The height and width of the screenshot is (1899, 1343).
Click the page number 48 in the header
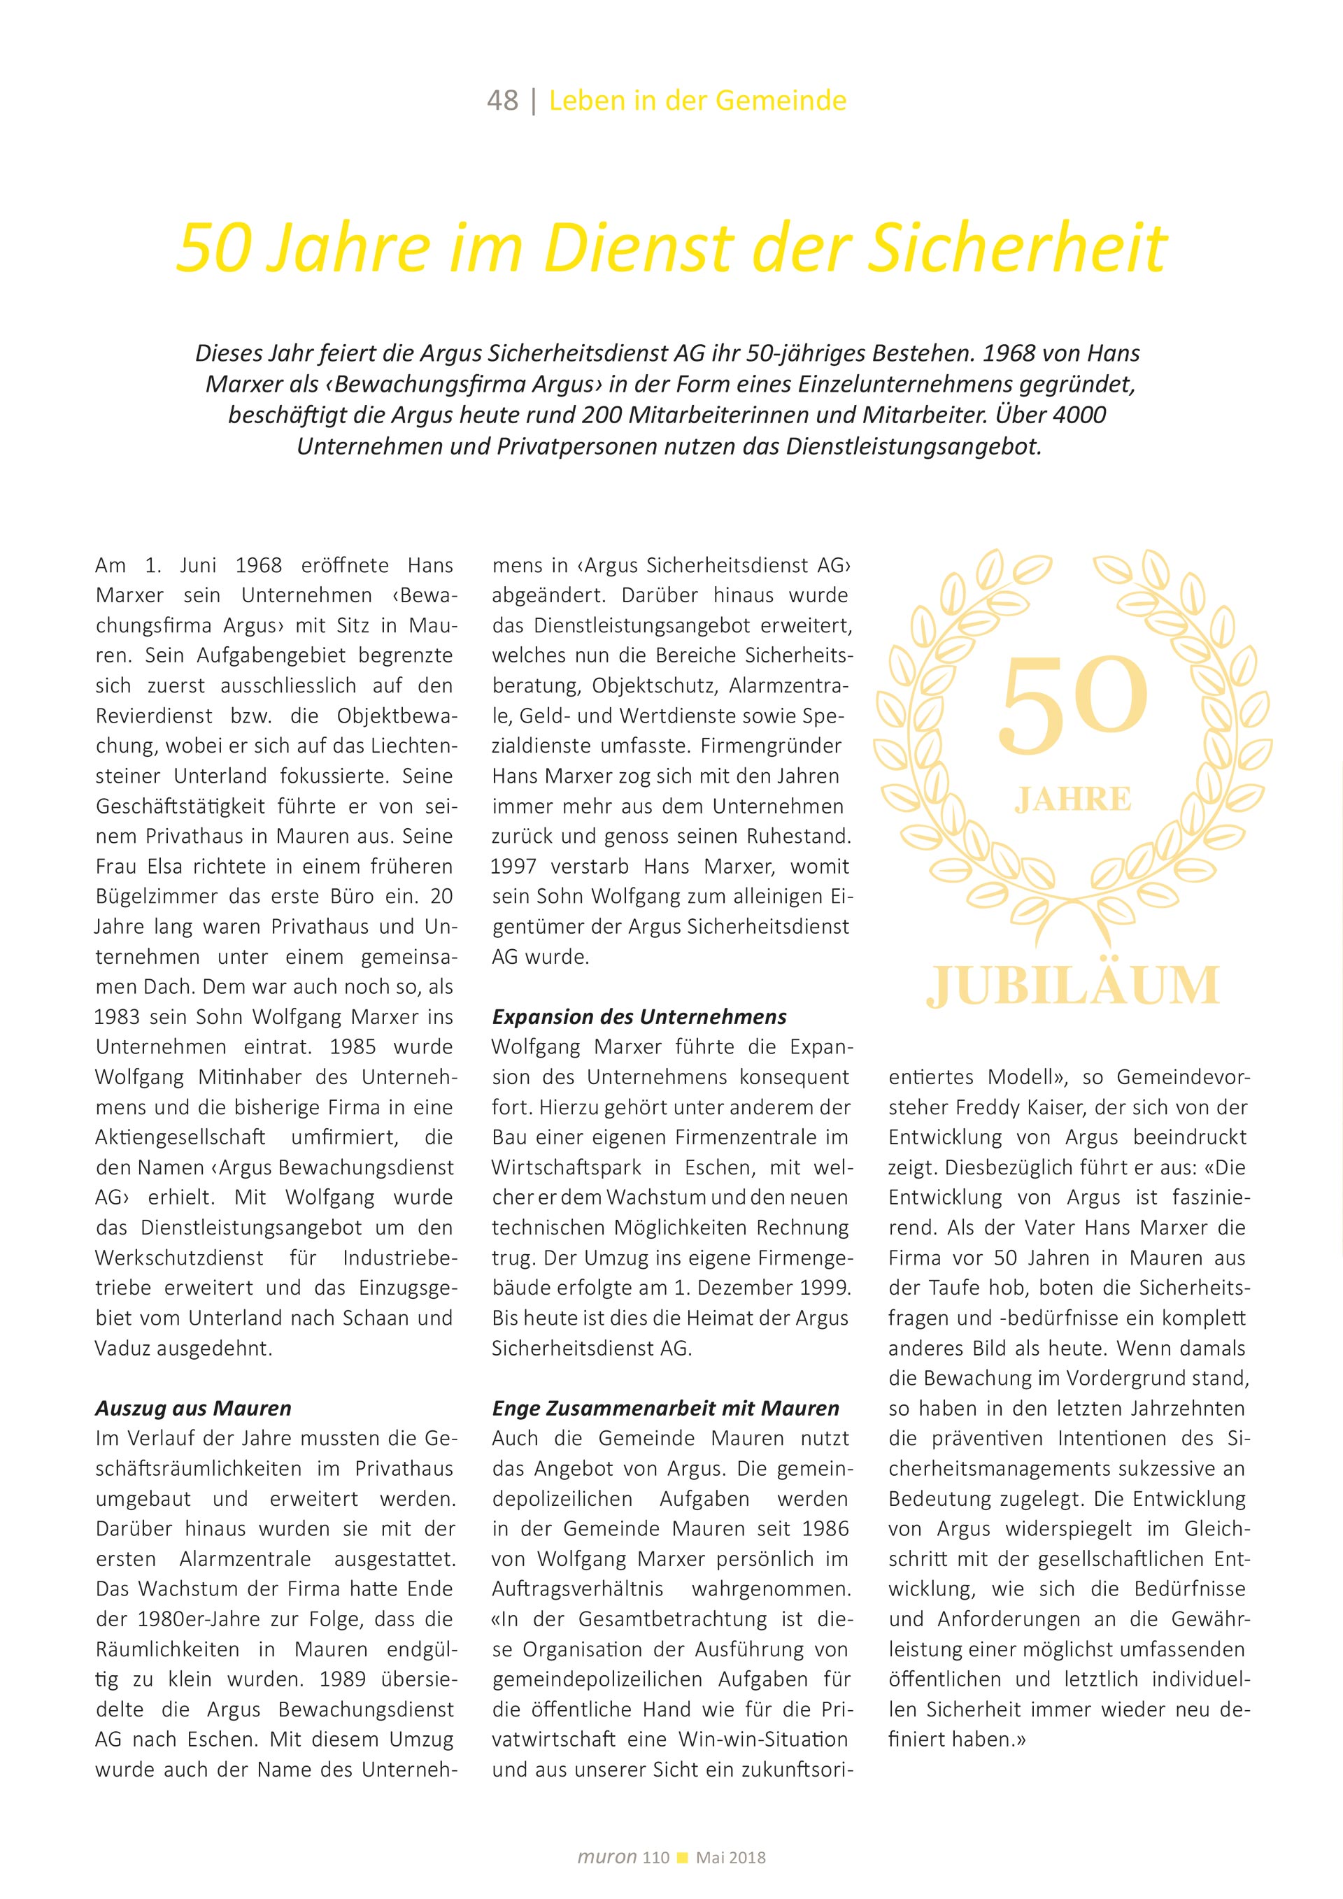click(502, 101)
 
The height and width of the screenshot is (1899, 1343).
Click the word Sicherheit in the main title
click(1016, 248)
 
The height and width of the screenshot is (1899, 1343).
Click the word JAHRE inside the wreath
click(1072, 799)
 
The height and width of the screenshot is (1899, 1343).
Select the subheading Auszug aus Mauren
click(192, 1409)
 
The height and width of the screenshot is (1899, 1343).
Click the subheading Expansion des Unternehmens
click(639, 1016)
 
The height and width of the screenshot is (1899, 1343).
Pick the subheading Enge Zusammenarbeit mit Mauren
click(665, 1409)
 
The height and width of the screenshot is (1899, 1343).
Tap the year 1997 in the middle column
click(513, 867)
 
